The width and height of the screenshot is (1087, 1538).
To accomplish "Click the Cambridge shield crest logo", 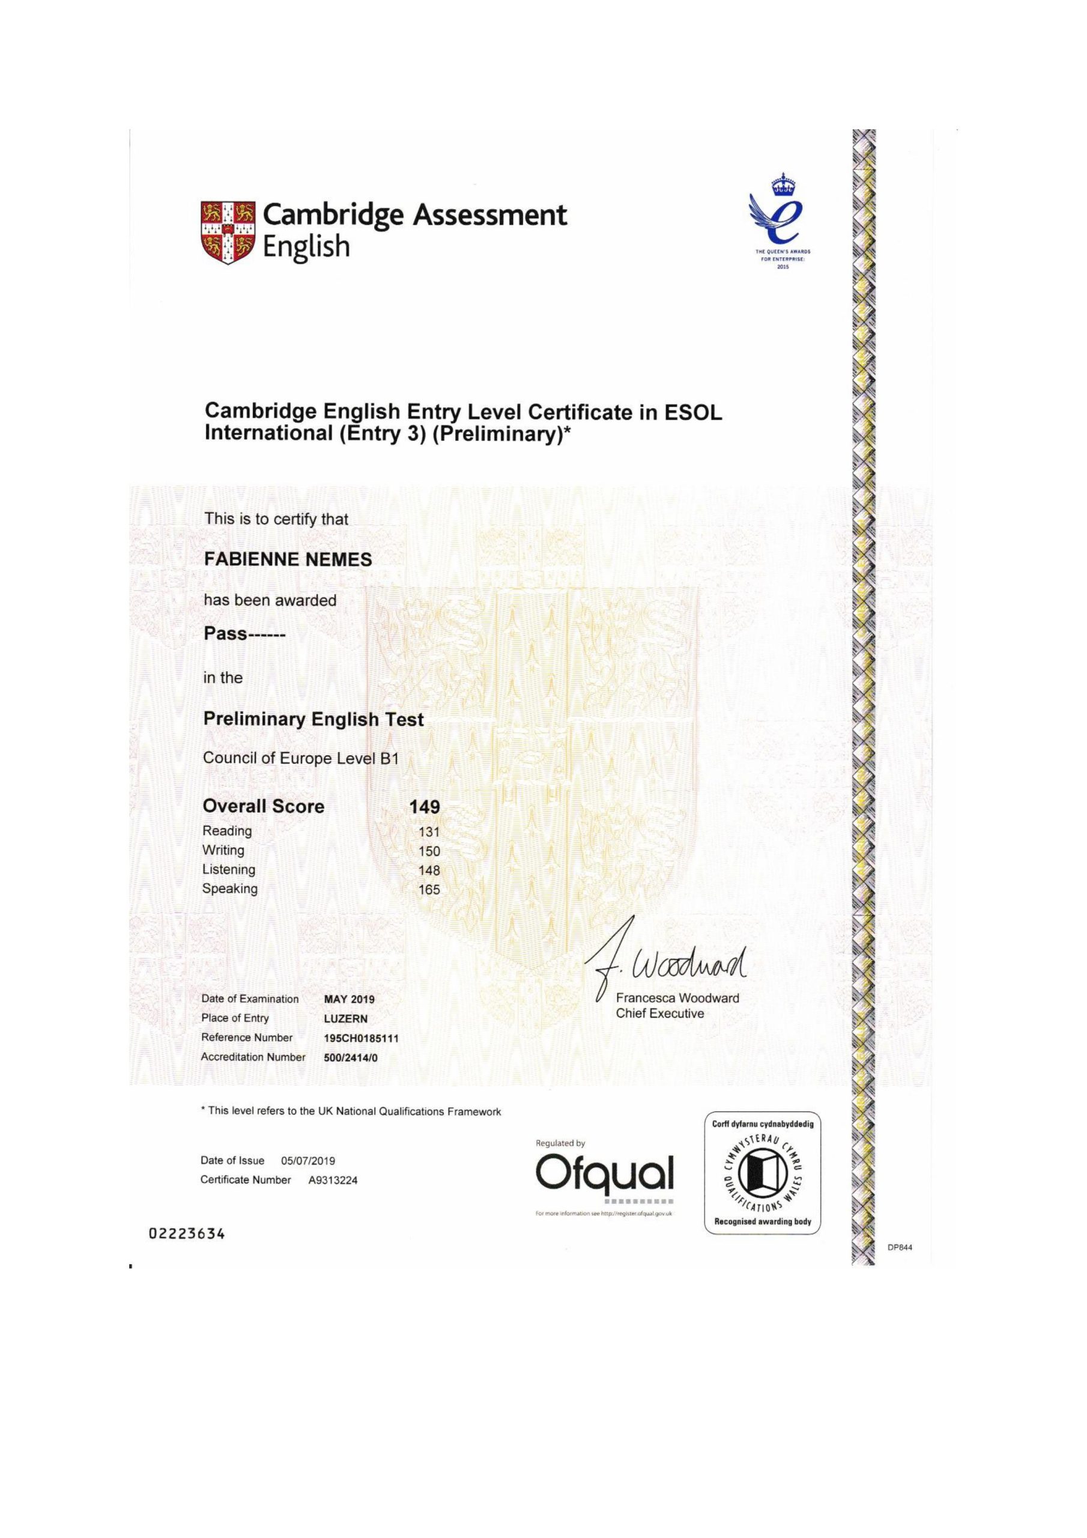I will (x=228, y=231).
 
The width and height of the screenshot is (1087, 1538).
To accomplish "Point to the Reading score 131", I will (x=429, y=832).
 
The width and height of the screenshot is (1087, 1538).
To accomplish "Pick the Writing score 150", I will (x=429, y=851).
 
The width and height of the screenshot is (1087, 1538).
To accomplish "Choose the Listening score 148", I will (x=429, y=870).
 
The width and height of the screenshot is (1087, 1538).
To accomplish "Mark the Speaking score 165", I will (x=429, y=890).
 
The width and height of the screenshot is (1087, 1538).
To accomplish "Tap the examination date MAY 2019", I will (x=349, y=1000).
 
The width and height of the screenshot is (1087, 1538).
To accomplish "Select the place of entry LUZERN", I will (x=345, y=1019).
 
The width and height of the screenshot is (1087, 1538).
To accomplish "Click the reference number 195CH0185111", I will (x=361, y=1038).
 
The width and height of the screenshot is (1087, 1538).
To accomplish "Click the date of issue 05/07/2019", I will (x=308, y=1161).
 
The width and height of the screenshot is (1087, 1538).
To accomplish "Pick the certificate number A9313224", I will (x=333, y=1181).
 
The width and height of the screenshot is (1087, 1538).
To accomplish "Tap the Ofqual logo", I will (x=604, y=1173).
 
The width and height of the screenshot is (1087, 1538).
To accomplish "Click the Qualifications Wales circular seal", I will (x=762, y=1172).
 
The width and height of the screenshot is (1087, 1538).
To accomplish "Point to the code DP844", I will (x=900, y=1247).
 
